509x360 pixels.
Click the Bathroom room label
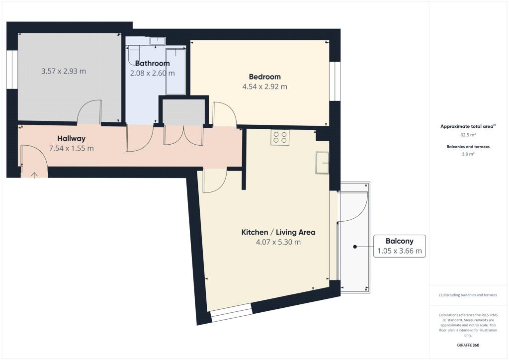tap(152, 63)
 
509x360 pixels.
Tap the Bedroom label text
tap(264, 77)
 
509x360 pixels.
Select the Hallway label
tap(72, 139)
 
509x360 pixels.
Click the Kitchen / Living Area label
tap(278, 232)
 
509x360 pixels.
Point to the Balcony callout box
tap(399, 246)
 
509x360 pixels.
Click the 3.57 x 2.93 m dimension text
tap(64, 71)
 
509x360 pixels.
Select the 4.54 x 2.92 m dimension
tap(264, 87)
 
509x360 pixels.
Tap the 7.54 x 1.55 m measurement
tap(72, 148)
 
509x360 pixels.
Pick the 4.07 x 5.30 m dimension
tap(278, 242)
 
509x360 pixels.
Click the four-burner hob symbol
tap(280, 137)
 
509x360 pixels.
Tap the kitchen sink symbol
tap(322, 163)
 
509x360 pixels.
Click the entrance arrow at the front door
tap(34, 176)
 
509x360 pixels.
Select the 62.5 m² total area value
tap(468, 135)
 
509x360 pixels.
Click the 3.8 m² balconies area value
tap(468, 154)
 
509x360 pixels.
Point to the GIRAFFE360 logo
tap(468, 345)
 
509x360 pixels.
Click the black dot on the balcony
tap(355, 247)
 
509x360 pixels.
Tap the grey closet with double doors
tap(184, 112)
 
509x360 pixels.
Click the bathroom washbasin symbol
tap(158, 41)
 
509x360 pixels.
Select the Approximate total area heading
tap(468, 126)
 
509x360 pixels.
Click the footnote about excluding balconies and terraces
tap(468, 295)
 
